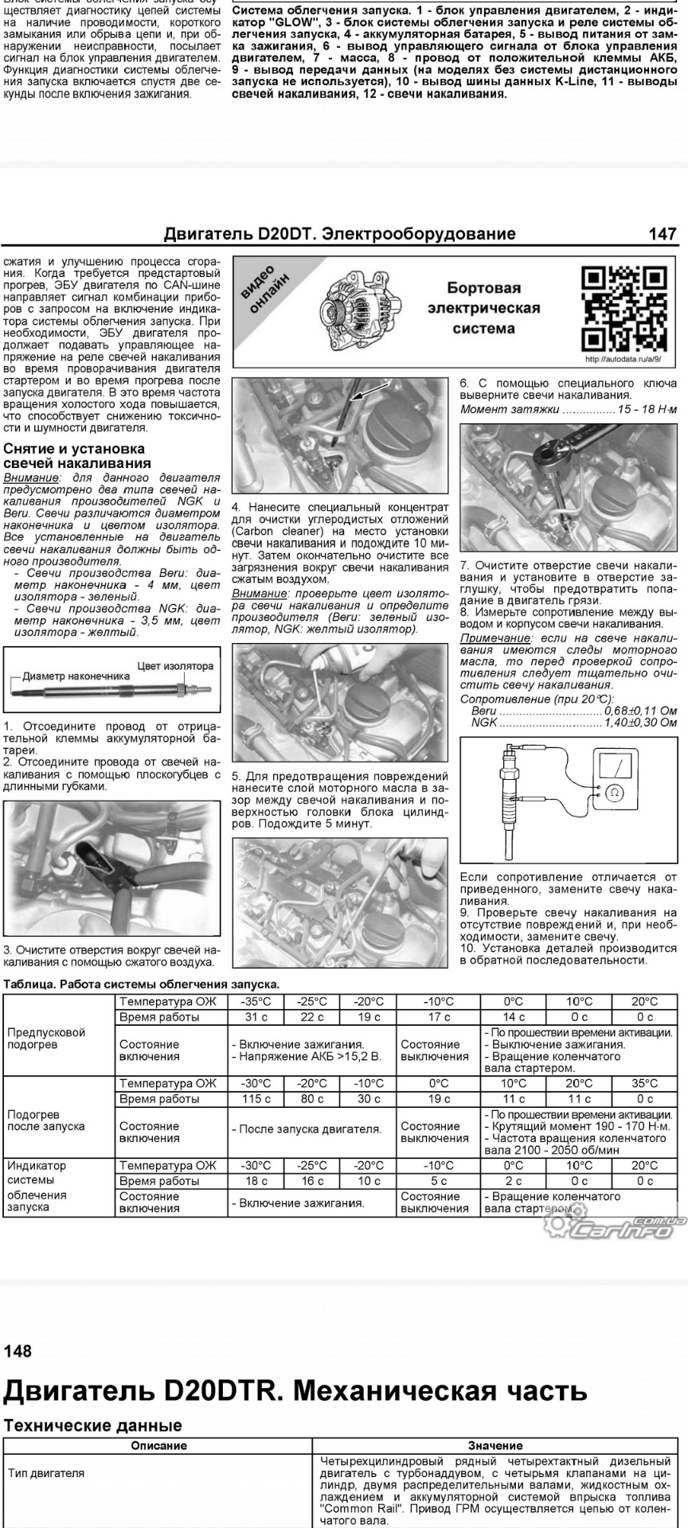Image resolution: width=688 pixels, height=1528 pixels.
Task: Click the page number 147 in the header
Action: pyautogui.click(x=663, y=234)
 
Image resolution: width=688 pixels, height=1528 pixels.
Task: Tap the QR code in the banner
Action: pyautogui.click(x=623, y=308)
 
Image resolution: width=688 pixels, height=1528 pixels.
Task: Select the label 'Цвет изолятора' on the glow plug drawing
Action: pyautogui.click(x=175, y=666)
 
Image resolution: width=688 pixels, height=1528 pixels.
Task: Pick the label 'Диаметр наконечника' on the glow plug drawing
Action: pyautogui.click(x=76, y=676)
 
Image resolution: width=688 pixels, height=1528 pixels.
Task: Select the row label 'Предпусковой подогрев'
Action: pyautogui.click(x=46, y=1038)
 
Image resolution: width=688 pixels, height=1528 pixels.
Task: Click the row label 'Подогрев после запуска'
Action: pyautogui.click(x=46, y=1121)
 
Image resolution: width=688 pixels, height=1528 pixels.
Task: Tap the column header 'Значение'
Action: pyautogui.click(x=495, y=1446)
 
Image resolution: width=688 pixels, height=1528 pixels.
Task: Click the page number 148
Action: pyautogui.click(x=18, y=1351)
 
